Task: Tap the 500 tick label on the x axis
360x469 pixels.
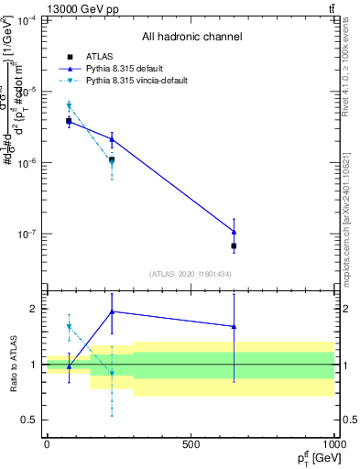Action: tap(191, 444)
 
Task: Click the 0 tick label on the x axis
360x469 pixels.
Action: tap(47, 444)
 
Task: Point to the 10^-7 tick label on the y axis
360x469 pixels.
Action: tap(27, 234)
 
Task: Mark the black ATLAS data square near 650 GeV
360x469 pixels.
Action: tap(234, 245)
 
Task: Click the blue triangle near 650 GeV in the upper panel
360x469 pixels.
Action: tap(234, 231)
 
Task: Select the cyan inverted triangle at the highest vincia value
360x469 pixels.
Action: tap(69, 107)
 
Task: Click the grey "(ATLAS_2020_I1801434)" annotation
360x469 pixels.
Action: tap(191, 274)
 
